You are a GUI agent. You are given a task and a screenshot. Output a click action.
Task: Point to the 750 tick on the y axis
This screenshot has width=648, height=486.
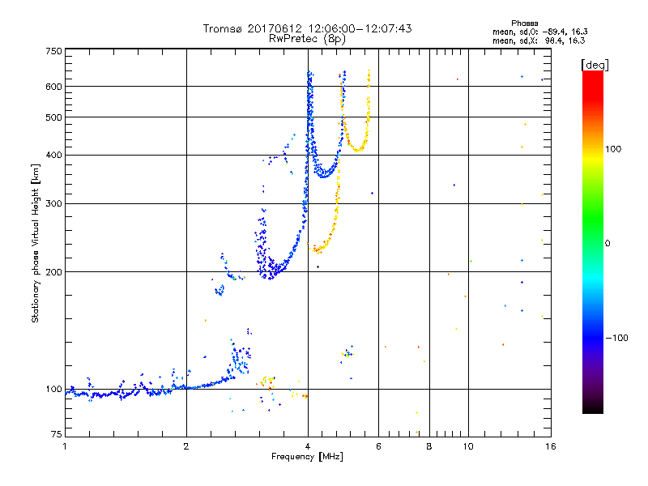click(53, 50)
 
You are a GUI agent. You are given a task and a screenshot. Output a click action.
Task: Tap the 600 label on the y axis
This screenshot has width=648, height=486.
click(53, 86)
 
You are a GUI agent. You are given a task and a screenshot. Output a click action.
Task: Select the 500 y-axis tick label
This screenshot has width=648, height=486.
click(53, 117)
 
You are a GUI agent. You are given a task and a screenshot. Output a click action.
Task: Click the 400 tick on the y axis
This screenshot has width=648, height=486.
click(53, 155)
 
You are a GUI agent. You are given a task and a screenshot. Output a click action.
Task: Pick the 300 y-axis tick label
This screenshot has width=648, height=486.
click(53, 203)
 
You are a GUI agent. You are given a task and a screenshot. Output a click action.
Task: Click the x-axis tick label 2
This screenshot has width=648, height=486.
click(186, 446)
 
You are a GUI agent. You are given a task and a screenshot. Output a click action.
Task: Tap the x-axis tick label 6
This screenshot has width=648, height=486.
click(378, 446)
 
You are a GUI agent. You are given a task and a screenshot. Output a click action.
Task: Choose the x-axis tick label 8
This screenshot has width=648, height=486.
click(429, 446)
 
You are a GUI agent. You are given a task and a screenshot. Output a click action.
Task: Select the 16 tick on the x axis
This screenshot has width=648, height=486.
click(549, 446)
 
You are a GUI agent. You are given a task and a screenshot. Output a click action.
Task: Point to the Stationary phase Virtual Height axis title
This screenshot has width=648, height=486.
click(36, 243)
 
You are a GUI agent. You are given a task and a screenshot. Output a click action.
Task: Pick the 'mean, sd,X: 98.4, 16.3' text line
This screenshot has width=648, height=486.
click(539, 40)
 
